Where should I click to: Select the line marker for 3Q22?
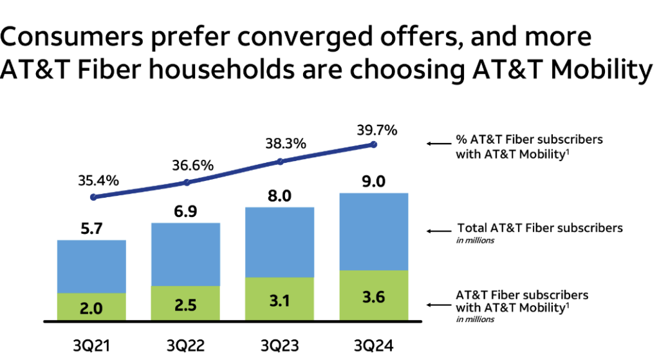point(187,182)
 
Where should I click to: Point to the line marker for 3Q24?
point(374,145)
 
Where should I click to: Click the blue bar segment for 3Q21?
point(91,267)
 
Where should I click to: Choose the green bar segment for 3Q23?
point(280,299)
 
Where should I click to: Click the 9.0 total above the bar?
point(374,181)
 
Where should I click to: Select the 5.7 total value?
point(91,229)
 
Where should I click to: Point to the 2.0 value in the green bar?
point(91,308)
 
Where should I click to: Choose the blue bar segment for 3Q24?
point(374,232)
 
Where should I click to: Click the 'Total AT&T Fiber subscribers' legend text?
point(539,227)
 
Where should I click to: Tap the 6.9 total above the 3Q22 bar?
point(187,211)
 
